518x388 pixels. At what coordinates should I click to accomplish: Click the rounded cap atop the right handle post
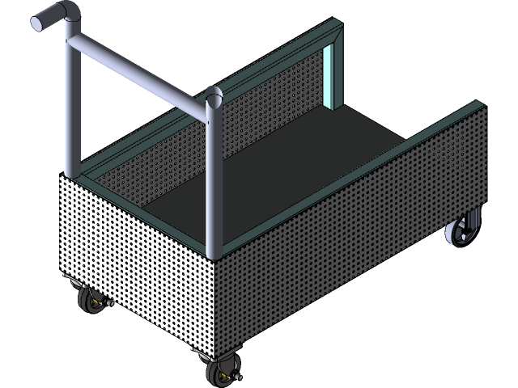tap(214, 99)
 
